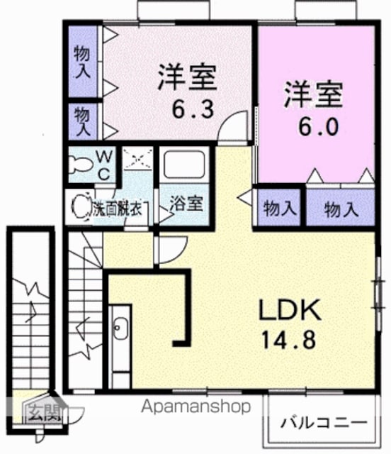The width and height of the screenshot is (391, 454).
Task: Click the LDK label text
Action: click(x=290, y=309)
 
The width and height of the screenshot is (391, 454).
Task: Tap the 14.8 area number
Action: click(x=288, y=340)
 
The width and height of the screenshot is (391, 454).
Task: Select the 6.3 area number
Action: click(x=193, y=109)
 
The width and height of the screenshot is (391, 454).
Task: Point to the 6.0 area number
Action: click(x=318, y=127)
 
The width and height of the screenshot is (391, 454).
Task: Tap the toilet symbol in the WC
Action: click(x=80, y=165)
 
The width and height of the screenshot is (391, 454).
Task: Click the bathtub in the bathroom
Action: click(x=184, y=165)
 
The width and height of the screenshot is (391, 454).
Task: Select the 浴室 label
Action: click(x=186, y=204)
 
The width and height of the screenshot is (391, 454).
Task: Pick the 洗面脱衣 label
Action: click(x=118, y=209)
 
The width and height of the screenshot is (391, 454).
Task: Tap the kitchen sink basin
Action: click(x=120, y=328)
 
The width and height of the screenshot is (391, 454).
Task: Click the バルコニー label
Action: click(x=323, y=423)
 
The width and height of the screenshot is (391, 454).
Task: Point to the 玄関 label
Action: click(x=45, y=411)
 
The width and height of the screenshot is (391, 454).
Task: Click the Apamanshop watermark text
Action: click(x=195, y=407)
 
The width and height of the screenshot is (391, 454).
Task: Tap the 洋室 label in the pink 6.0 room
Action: click(x=314, y=94)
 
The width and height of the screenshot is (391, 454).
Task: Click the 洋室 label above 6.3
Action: click(x=187, y=77)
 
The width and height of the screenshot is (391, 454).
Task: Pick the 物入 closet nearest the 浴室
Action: click(x=278, y=207)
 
